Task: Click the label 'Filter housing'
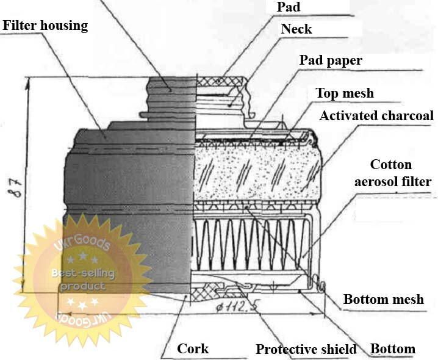(46, 26)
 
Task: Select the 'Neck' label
(296, 29)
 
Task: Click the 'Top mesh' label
(345, 93)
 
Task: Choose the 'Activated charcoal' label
(376, 115)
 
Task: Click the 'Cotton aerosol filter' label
(392, 173)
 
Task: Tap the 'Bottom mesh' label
(384, 299)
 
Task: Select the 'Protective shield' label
(306, 349)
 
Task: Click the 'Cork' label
(193, 348)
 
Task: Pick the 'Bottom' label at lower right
(393, 349)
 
